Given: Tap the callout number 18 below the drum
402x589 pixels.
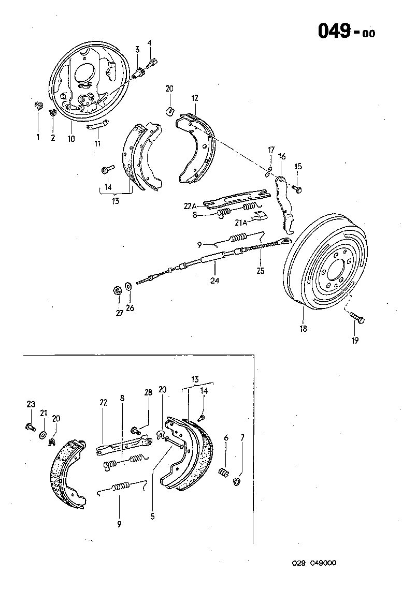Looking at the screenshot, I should pos(303,329).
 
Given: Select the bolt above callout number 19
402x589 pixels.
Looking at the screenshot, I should pos(356,317).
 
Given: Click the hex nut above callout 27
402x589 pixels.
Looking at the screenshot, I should pos(117,290).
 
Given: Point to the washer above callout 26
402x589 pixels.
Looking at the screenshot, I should pos(128,287).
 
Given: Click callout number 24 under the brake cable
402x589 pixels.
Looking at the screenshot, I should pos(214,281).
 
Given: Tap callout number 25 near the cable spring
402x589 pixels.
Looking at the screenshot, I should pos(260,270).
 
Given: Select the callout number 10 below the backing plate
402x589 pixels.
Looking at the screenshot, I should pos(71,139).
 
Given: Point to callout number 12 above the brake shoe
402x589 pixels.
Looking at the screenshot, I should pos(194,97).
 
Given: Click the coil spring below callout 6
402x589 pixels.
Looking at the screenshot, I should pos(225,473).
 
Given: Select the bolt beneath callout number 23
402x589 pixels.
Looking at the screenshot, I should pos(30,426).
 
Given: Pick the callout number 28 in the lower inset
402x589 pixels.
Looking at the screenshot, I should pos(148,392).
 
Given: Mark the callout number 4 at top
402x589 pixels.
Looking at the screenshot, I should pos(150,43).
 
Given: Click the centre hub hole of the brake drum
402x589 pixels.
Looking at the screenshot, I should pos(335,268).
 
